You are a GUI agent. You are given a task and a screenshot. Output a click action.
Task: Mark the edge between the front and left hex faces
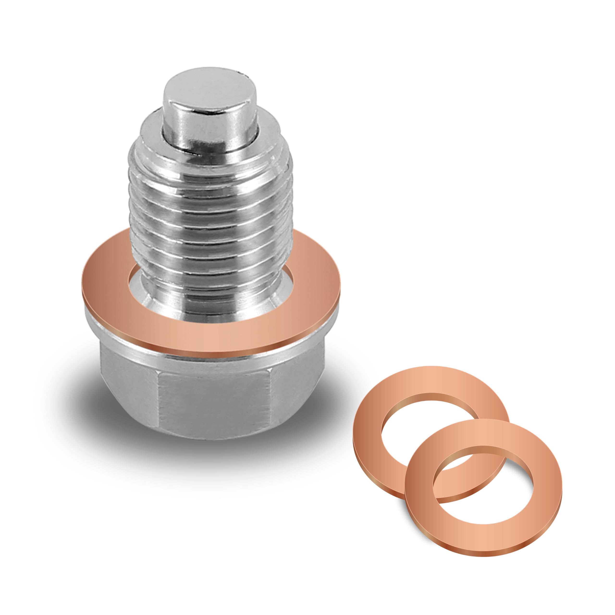click(158, 401)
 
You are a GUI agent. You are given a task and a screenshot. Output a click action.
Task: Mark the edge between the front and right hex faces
click(270, 401)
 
